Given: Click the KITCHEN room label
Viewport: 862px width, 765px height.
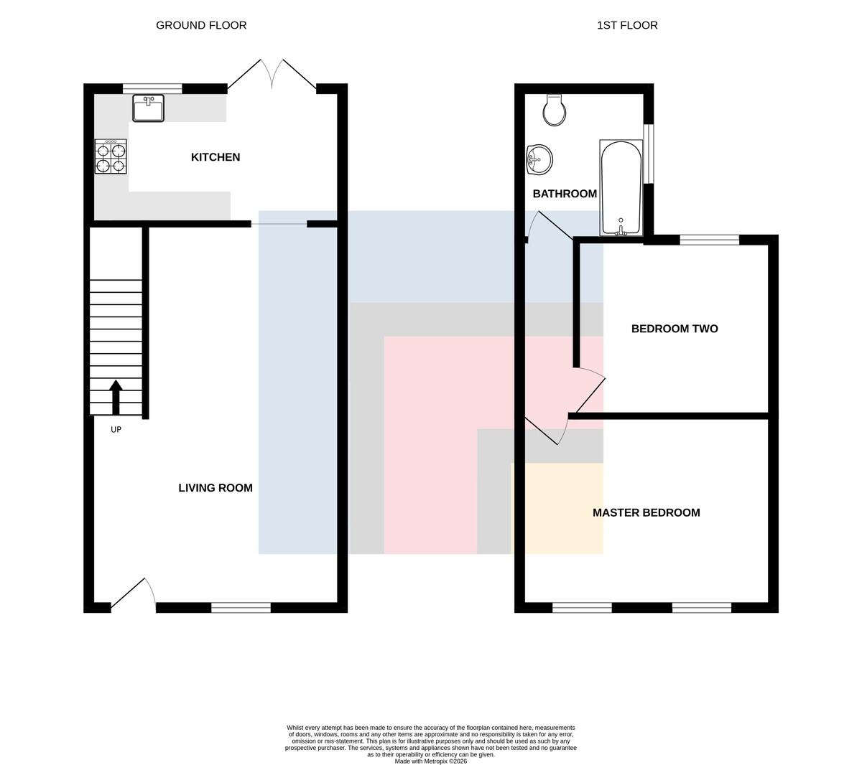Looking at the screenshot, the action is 215,157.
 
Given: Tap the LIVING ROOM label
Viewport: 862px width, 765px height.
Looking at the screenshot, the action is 215,488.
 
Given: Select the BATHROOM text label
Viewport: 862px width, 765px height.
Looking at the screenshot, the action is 565,194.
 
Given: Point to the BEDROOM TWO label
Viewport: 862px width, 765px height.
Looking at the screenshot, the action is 675,329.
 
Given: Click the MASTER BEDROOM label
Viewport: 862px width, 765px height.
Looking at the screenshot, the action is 646,512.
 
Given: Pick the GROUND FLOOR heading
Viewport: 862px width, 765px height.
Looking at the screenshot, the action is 201,26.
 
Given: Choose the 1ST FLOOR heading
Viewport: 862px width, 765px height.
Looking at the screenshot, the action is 627,26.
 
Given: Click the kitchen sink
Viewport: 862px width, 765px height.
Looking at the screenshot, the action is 148,108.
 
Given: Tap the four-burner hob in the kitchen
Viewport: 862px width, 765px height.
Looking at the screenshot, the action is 111,156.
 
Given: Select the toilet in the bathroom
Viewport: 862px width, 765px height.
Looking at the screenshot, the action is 555,110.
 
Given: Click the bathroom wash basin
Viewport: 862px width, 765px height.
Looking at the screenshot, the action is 539,160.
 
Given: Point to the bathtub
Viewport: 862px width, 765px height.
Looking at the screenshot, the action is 621,187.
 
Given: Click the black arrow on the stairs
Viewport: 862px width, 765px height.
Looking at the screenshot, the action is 116,398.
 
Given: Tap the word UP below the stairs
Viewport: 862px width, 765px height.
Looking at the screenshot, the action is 116,430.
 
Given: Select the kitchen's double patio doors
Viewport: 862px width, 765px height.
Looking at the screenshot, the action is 272,75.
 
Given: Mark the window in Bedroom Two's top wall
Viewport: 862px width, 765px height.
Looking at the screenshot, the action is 709,240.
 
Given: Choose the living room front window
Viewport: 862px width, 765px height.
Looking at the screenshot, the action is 241,608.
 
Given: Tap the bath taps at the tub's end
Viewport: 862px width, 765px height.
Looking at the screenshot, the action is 621,230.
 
